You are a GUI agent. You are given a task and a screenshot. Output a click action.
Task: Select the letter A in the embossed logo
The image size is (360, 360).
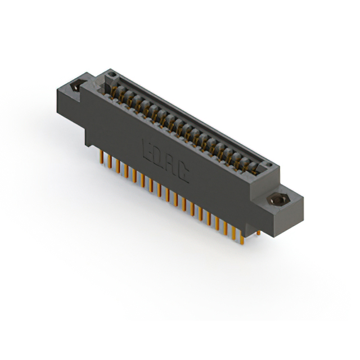point(172,166)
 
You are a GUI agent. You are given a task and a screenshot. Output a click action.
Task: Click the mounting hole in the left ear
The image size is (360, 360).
point(76,87)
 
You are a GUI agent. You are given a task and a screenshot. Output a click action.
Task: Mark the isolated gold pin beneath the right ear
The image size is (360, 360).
point(258,231)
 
